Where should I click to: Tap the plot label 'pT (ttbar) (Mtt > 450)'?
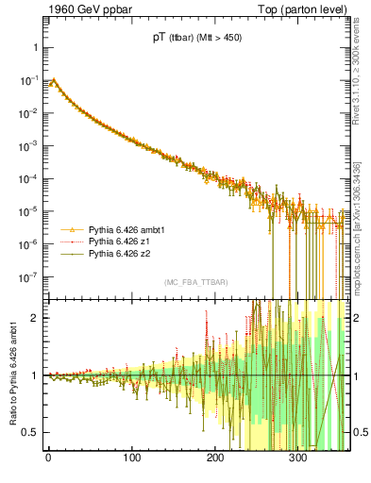197,40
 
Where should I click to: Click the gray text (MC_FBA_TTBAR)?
196,283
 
